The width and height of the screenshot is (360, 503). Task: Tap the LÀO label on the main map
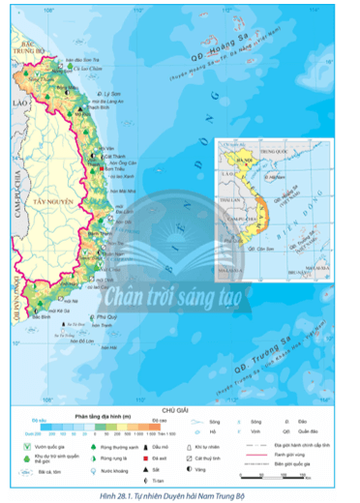point(13,101)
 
